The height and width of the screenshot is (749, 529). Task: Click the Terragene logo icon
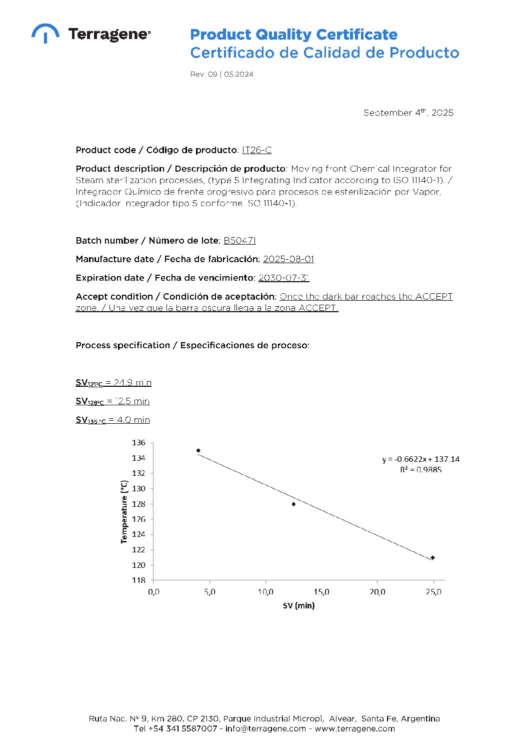click(45, 33)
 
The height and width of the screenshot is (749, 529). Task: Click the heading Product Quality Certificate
click(293, 35)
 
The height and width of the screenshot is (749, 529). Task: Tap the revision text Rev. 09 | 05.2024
click(221, 74)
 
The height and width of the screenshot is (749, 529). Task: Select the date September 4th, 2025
click(408, 113)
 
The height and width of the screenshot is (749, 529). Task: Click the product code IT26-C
click(256, 150)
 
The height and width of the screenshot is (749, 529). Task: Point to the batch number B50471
click(239, 241)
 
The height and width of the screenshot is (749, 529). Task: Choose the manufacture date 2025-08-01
click(288, 259)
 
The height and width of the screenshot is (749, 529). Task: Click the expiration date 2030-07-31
click(283, 278)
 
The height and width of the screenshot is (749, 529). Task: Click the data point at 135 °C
click(198, 451)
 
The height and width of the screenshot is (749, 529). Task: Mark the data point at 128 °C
click(293, 504)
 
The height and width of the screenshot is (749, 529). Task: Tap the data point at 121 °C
click(432, 557)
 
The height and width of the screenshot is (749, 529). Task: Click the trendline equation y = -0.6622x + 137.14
click(420, 459)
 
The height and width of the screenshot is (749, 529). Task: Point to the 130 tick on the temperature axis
click(138, 488)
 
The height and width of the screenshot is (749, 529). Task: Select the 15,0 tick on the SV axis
click(321, 592)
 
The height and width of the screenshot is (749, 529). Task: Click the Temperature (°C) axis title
click(124, 511)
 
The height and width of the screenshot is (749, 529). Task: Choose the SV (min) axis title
click(298, 605)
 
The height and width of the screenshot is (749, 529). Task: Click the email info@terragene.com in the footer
click(265, 728)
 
